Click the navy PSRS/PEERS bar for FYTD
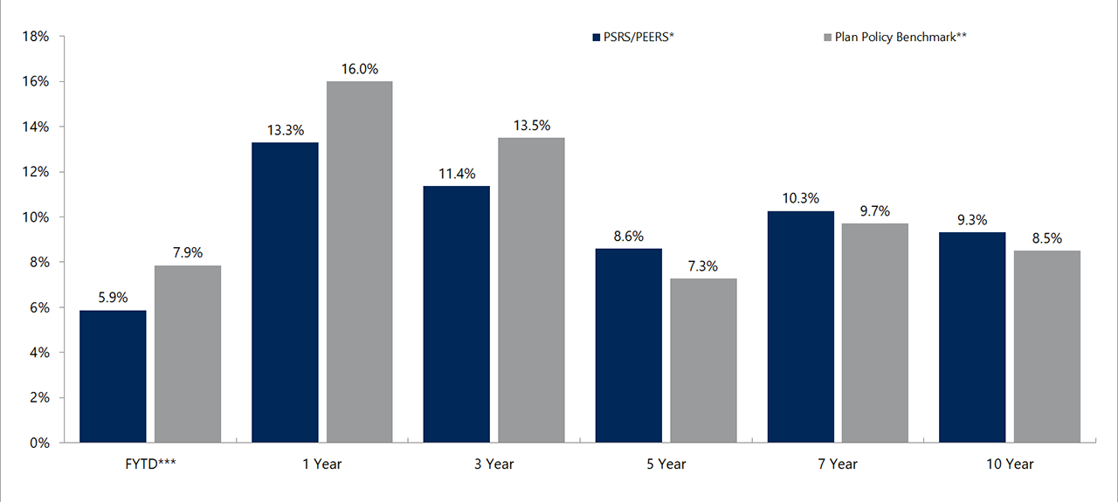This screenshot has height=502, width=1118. click(x=113, y=376)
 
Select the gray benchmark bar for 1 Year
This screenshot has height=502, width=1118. click(x=359, y=262)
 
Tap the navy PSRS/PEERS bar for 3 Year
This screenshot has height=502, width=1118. click(x=456, y=314)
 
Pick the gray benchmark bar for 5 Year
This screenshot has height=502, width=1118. click(x=703, y=361)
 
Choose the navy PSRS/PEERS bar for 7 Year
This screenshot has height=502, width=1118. click(x=800, y=327)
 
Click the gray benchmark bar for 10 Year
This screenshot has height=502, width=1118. click(x=1046, y=347)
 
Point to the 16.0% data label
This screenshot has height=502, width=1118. click(x=359, y=69)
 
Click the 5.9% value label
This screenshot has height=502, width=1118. click(x=113, y=298)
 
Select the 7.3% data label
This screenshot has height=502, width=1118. click(x=703, y=266)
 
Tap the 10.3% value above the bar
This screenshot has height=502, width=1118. click(x=800, y=198)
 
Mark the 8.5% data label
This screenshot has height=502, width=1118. click(x=1046, y=238)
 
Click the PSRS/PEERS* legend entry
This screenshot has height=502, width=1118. click(x=632, y=38)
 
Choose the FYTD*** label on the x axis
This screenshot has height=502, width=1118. click(x=150, y=464)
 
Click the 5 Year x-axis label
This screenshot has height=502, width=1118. click(x=666, y=464)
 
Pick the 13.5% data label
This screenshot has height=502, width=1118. click(x=531, y=126)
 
